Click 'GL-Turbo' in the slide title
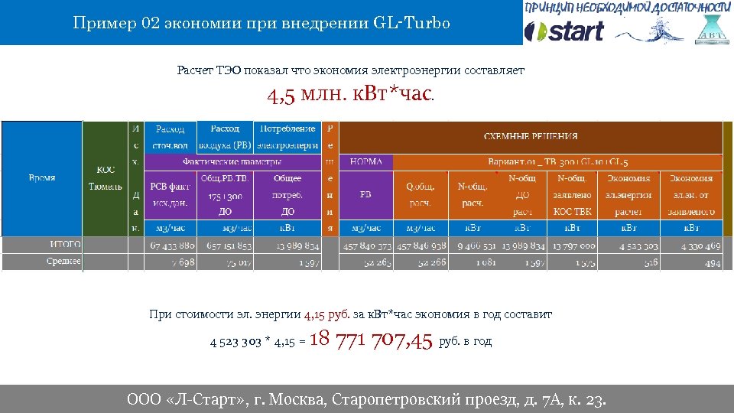pyautogui.click(x=412, y=23)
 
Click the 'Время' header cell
pyautogui.click(x=42, y=178)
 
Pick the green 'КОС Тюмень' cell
pyautogui.click(x=106, y=178)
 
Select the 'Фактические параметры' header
pyautogui.click(x=231, y=161)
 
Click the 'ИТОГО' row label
pyautogui.click(x=66, y=245)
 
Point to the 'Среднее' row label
pyautogui.click(x=64, y=262)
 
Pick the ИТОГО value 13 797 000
pyautogui.click(x=572, y=246)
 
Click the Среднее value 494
pyautogui.click(x=712, y=262)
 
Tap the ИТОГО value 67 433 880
pyautogui.click(x=173, y=246)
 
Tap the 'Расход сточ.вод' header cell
pyautogui.click(x=170, y=137)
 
